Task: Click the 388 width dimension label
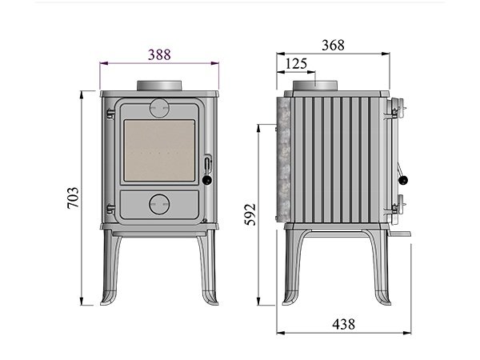click(x=159, y=54)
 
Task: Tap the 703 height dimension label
click(x=73, y=198)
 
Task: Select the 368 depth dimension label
click(x=333, y=45)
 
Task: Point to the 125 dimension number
click(x=296, y=64)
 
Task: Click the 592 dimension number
click(x=250, y=214)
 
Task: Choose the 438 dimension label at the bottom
click(x=343, y=324)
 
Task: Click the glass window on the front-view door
click(x=159, y=150)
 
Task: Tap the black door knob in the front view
click(x=207, y=180)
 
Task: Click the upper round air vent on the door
click(x=159, y=108)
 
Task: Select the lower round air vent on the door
click(x=159, y=204)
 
